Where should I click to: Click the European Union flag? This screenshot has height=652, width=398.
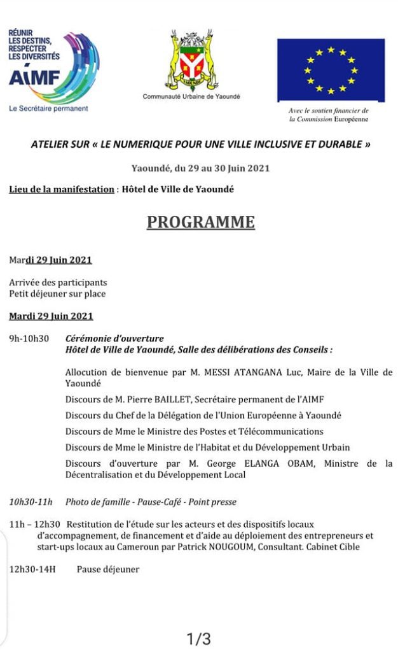click(x=331, y=69)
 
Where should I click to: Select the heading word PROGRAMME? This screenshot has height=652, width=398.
click(x=201, y=222)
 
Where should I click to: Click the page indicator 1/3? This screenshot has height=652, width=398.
click(x=198, y=637)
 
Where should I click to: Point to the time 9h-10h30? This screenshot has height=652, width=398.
click(x=29, y=339)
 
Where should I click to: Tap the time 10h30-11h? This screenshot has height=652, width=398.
click(x=31, y=502)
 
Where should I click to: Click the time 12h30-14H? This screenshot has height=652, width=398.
click(x=32, y=569)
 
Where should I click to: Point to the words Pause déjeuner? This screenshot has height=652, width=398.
click(x=108, y=569)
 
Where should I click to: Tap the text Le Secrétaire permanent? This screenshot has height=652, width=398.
click(x=48, y=109)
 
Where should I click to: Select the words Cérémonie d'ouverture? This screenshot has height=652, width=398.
click(x=114, y=339)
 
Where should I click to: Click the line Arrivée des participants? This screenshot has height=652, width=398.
click(x=58, y=282)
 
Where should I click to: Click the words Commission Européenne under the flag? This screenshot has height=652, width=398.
click(x=328, y=119)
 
